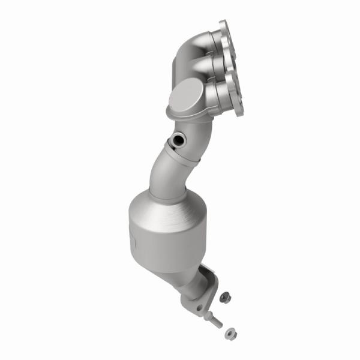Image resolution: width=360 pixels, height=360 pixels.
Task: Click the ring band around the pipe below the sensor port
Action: click(x=180, y=157)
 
